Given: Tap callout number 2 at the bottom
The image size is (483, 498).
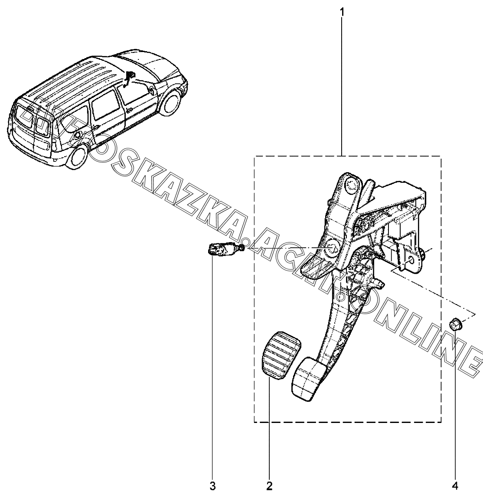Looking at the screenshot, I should (269, 485).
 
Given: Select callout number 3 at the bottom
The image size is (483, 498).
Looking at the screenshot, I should (212, 485).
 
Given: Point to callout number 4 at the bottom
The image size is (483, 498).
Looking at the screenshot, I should (455, 485).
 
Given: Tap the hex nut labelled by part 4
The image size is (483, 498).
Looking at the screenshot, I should (454, 323).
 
